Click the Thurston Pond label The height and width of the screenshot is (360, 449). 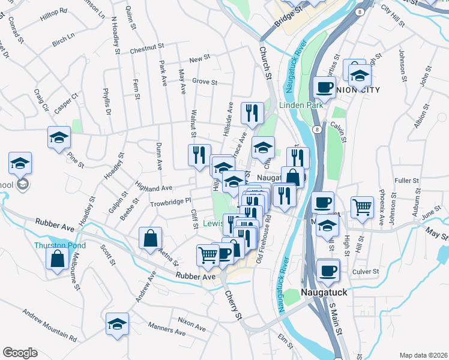[x=60, y=245]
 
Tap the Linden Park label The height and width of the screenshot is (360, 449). [x=301, y=105]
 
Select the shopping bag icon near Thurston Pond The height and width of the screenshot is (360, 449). [x=57, y=259]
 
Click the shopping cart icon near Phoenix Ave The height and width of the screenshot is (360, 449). [x=363, y=208]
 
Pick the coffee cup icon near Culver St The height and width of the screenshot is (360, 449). [x=328, y=270]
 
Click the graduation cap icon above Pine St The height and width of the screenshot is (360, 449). [x=59, y=137]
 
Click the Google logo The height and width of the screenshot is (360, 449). [x=20, y=352]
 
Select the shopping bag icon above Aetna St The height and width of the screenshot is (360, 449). [x=149, y=239]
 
